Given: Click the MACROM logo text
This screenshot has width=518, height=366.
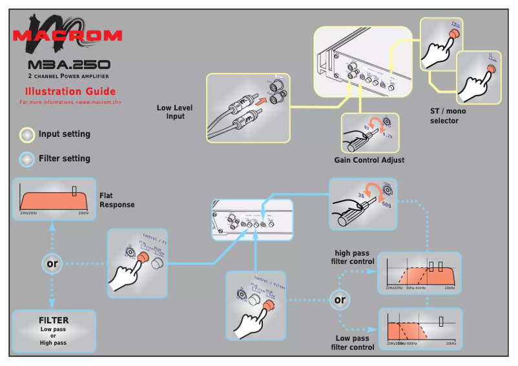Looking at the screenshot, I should tap(68, 36).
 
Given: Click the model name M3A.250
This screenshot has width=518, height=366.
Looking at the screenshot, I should tap(69, 65).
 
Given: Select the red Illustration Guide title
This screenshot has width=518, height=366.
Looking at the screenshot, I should tap(66, 91).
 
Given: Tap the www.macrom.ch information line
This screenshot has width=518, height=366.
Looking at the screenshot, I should tap(70, 102).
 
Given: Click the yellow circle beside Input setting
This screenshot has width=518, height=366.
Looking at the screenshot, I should tap(27, 135).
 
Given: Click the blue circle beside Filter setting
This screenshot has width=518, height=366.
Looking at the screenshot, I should tap(27, 159).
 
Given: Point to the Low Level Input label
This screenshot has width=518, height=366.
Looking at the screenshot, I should tap(174, 112).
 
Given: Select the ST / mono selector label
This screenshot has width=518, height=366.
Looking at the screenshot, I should tap(448, 116).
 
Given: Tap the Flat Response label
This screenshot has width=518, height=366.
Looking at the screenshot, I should tap(117, 200).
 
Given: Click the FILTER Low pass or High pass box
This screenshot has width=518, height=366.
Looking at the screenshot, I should tap(54, 330).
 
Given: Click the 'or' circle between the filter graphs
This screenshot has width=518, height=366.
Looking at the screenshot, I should tap(340, 300).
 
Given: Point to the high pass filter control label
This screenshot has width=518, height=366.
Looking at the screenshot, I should tap(354, 257).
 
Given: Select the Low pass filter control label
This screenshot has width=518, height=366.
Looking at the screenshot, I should tap(353, 343).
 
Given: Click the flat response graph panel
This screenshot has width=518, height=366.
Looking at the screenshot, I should tap(54, 198).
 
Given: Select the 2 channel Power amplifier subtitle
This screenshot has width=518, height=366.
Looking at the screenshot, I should tap(68, 77).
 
